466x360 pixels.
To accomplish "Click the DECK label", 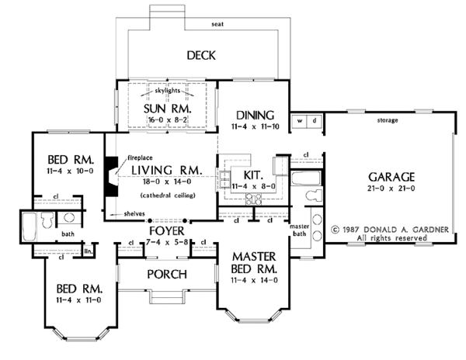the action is (x=201, y=56).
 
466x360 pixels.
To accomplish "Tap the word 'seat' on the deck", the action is (x=217, y=24).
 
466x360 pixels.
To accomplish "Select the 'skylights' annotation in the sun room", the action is (x=167, y=90).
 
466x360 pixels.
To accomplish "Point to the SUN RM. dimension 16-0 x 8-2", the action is (x=167, y=120).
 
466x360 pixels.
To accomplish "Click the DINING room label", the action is (x=255, y=115).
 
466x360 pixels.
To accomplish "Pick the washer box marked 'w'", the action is (x=300, y=121).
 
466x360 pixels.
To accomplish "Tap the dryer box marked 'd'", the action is (x=315, y=121).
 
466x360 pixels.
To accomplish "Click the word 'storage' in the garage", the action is (x=388, y=120).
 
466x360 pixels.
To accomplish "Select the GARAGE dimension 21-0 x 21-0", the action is (x=391, y=189).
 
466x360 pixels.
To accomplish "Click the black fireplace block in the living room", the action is (x=111, y=176).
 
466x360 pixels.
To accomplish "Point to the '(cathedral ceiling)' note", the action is (x=168, y=196).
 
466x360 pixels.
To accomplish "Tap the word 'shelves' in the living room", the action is (x=134, y=213).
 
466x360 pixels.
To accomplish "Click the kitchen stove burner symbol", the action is (x=253, y=199).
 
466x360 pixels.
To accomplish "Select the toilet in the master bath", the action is (x=314, y=196).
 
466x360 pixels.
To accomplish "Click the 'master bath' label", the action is (x=299, y=230).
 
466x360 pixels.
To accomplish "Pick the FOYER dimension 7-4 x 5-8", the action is (x=167, y=242).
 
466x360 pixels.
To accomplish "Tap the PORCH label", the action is (x=167, y=274).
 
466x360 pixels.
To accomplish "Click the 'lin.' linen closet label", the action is (x=89, y=251).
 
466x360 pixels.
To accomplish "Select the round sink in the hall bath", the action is (x=69, y=217).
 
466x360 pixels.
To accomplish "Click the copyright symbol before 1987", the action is (x=336, y=230).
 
